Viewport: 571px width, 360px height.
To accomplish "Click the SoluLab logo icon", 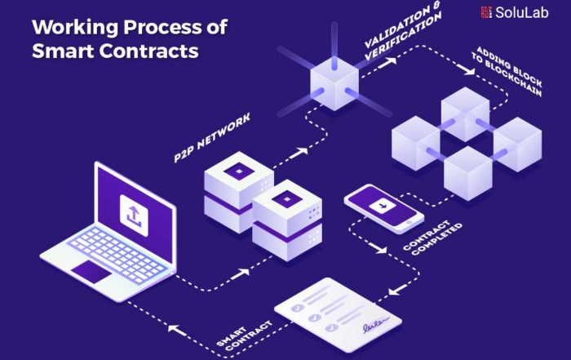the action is coord(486,12).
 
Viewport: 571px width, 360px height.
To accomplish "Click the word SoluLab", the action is coord(521,12).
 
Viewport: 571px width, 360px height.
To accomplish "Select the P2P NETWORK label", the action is coord(212,137).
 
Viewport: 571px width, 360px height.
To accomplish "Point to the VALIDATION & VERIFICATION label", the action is coord(402,31).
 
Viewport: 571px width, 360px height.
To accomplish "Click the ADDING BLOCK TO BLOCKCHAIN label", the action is coord(507,71).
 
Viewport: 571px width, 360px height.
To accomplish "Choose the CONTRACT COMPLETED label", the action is coord(432,238).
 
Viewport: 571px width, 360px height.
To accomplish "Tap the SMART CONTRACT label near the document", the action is coord(244,336).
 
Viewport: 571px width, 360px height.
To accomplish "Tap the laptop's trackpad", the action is coord(91,272).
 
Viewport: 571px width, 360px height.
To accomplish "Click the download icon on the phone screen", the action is coord(383,207).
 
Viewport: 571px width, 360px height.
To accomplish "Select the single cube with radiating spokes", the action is coord(334,83).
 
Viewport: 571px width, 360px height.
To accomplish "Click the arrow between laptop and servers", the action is coord(241,273).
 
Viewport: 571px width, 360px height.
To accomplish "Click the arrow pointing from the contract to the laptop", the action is coord(177,330).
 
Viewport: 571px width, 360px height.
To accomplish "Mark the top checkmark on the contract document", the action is coord(298,308).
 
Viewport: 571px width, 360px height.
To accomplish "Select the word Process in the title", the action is coord(162,27).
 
